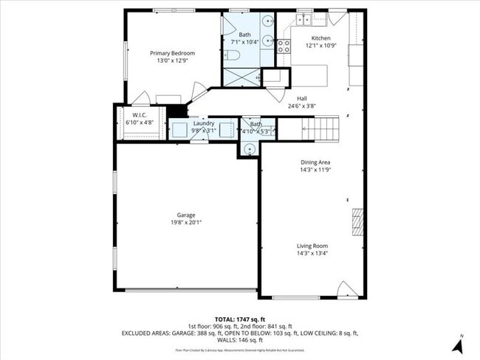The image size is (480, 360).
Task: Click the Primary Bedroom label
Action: [x=172, y=53]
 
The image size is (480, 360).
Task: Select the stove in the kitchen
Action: [x=284, y=47]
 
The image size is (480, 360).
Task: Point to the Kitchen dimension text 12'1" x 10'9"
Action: [x=320, y=46]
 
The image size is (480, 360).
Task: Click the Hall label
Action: [x=301, y=98]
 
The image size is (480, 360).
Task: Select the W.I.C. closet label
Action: [x=140, y=115]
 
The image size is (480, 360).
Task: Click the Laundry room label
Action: [x=204, y=123]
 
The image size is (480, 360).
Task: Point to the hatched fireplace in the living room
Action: [x=357, y=222]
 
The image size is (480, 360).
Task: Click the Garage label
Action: [x=185, y=215]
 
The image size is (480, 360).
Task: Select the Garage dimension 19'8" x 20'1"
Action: [x=185, y=222]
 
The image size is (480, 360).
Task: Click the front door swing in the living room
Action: [x=346, y=289]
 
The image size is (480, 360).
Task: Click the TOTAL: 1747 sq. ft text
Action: [x=239, y=317]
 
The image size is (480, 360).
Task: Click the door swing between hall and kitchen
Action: [x=278, y=94]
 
